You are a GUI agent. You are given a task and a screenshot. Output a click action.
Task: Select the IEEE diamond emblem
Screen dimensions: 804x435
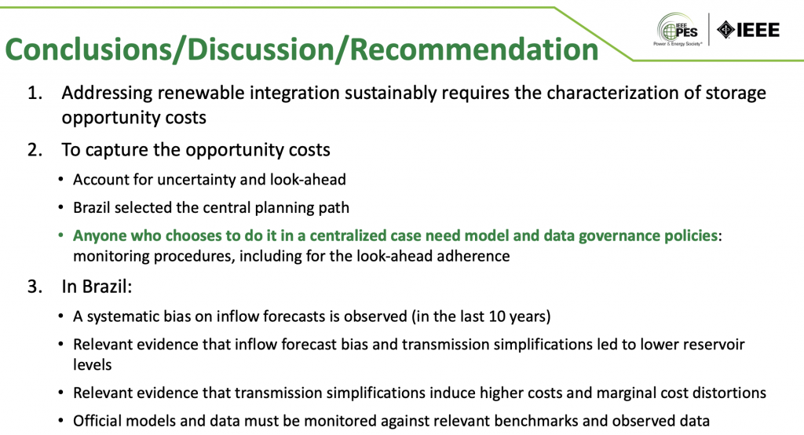tap(725, 31)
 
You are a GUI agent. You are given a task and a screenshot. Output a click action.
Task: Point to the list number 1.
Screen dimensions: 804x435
tap(34, 93)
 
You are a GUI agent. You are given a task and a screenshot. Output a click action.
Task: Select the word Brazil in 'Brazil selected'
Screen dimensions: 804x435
tap(92, 207)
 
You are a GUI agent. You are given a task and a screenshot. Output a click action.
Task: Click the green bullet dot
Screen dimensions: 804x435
tap(61, 236)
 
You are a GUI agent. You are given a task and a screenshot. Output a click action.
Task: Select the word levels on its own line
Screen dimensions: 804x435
tap(93, 364)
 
